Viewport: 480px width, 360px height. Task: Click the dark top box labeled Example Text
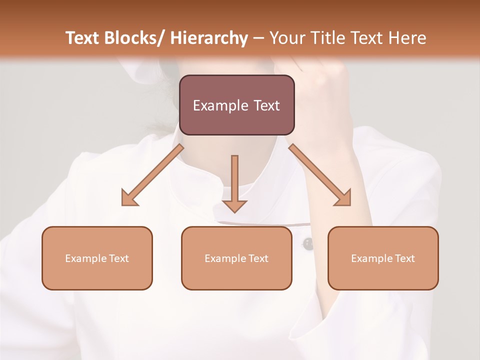click(236, 105)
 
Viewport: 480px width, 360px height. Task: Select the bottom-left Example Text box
click(97, 258)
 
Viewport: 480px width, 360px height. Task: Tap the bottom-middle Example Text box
click(236, 258)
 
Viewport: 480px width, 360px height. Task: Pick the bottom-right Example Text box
click(383, 258)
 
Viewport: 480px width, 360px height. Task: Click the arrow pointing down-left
click(152, 175)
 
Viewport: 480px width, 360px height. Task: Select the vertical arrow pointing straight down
click(234, 183)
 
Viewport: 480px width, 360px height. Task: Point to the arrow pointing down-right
click(320, 175)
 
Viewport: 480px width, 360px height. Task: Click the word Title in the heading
click(329, 38)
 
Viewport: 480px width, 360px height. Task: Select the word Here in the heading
click(408, 38)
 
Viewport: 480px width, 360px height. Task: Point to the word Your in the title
click(287, 38)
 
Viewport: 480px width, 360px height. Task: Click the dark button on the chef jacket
click(308, 244)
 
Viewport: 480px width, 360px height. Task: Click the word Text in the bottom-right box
click(404, 258)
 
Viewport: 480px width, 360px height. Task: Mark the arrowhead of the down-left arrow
click(129, 199)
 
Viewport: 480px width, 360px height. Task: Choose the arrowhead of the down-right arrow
click(343, 198)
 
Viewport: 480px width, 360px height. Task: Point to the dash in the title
click(258, 38)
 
